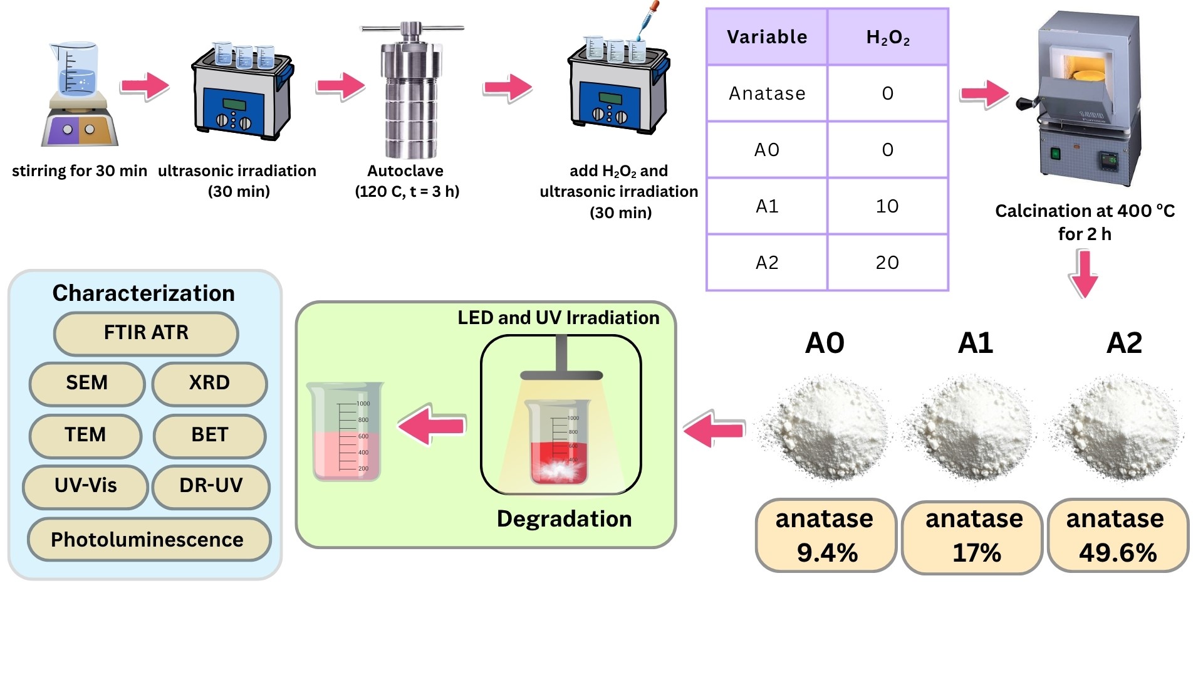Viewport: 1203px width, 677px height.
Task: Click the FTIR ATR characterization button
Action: tap(146, 333)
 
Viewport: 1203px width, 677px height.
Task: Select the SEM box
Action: tap(87, 383)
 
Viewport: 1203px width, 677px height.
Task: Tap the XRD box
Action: tap(209, 383)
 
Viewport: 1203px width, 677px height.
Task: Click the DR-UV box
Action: tap(211, 486)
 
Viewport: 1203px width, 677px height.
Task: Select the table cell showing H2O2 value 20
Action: tap(887, 263)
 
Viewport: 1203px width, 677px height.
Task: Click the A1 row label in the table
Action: tap(767, 206)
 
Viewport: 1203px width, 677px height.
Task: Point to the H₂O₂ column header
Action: tap(887, 38)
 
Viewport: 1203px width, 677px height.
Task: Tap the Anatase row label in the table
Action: tap(767, 93)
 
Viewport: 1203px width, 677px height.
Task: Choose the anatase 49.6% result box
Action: tap(1117, 536)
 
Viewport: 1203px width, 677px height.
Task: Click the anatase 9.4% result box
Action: tap(826, 536)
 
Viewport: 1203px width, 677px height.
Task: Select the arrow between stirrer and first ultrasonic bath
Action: tap(145, 86)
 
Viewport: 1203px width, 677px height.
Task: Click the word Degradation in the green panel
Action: tap(564, 519)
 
